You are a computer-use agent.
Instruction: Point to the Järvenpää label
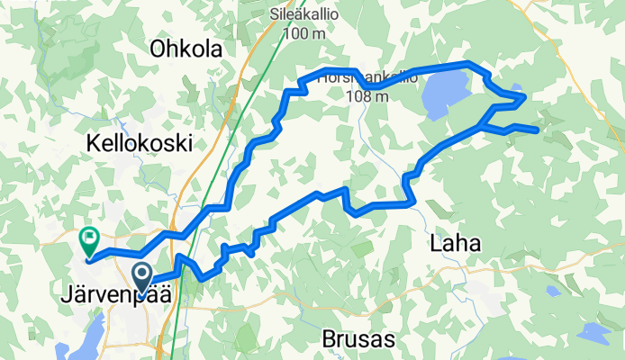point(118,294)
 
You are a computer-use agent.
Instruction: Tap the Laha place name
point(456,243)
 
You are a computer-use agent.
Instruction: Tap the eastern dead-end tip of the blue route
point(538,130)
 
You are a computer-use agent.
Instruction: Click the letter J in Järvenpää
point(68,294)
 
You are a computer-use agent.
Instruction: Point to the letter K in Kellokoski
point(93,142)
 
